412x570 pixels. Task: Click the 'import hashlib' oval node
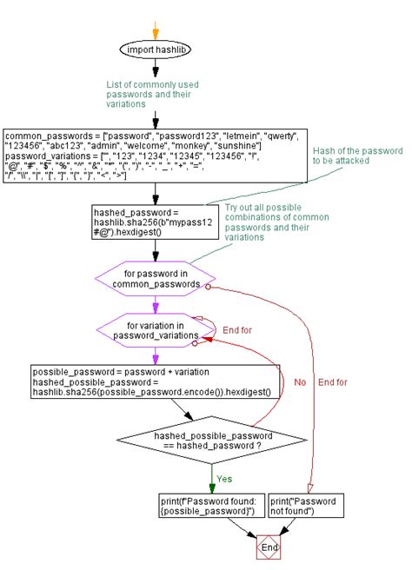pyautogui.click(x=156, y=49)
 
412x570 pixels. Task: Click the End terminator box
pyautogui.click(x=270, y=548)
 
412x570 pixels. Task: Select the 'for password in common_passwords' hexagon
pyautogui.click(x=156, y=278)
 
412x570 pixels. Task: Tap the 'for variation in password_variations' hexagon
pyautogui.click(x=156, y=329)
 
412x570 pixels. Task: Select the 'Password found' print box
pyautogui.click(x=206, y=506)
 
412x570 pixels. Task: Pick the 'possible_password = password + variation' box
pyautogui.click(x=156, y=381)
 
